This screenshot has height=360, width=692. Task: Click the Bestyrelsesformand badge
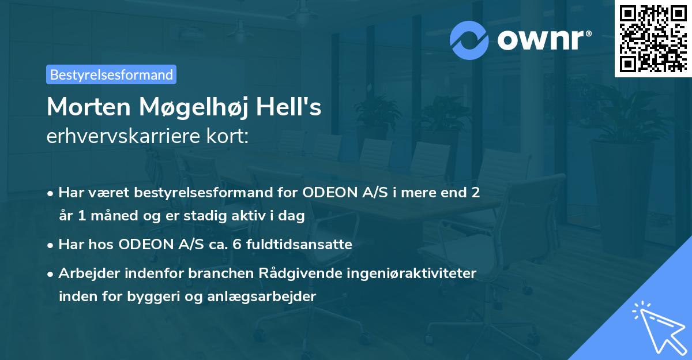(x=111, y=74)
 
